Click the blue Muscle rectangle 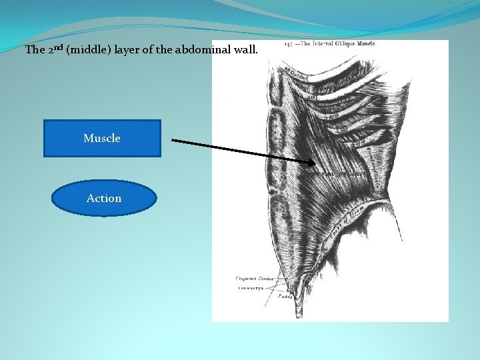pos(102,138)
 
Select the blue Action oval pos(104,198)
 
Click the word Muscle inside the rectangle pos(102,138)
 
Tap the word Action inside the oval pos(104,198)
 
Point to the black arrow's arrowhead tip pos(315,162)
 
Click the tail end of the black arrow pos(173,140)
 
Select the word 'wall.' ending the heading pos(256,50)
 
